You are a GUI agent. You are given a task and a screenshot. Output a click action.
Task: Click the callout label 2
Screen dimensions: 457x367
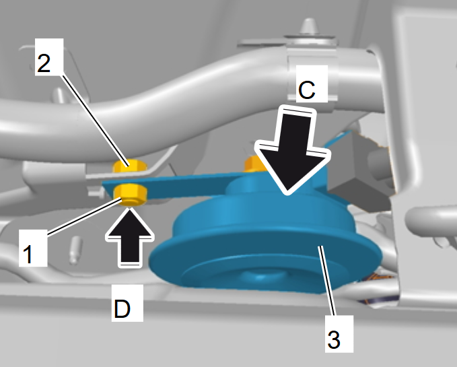click(x=49, y=57)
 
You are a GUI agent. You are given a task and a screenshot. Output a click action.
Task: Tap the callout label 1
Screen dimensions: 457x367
click(x=33, y=248)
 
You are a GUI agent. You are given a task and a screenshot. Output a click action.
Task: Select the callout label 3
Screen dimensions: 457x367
click(x=339, y=334)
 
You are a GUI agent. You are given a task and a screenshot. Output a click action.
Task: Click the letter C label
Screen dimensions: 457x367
click(x=312, y=84)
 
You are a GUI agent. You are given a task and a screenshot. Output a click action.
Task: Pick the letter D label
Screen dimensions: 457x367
click(x=127, y=303)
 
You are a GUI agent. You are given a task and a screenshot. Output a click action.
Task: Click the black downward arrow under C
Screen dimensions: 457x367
click(x=292, y=150)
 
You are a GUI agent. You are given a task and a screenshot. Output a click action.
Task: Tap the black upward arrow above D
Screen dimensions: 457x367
click(x=130, y=237)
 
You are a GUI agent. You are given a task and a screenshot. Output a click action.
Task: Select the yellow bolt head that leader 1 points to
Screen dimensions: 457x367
click(x=130, y=195)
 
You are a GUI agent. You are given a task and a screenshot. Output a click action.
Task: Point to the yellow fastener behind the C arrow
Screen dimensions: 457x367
click(x=253, y=164)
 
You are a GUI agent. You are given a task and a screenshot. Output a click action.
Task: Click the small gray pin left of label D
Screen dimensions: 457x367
click(x=75, y=250)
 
